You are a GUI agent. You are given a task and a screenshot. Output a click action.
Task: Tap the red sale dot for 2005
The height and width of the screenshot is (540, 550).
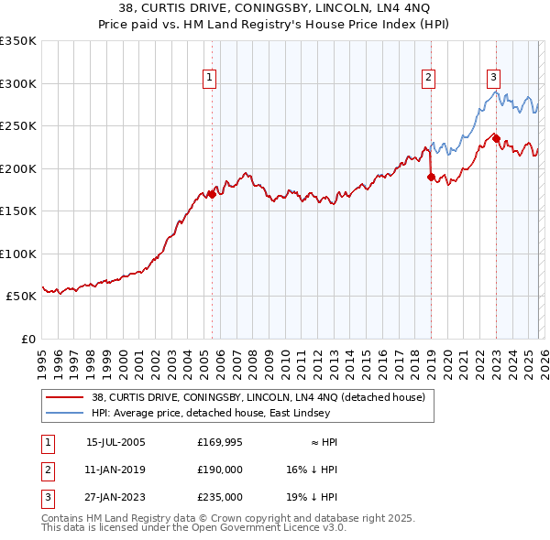point(212,194)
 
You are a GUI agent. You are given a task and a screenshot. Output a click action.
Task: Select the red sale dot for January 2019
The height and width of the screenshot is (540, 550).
point(430,178)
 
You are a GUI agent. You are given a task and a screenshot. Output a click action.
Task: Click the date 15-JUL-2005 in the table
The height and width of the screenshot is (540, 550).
point(115,441)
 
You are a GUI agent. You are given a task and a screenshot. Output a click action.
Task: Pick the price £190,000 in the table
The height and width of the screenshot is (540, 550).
point(220,470)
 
